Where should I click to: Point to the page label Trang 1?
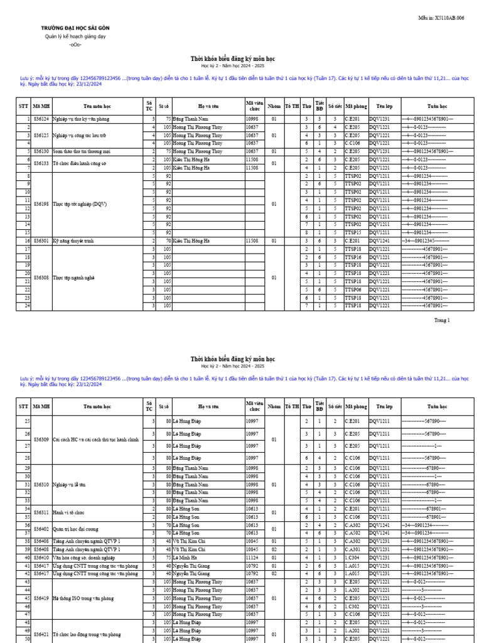click(x=442, y=320)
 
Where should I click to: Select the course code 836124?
click(x=41, y=119)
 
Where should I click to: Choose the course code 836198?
click(x=41, y=204)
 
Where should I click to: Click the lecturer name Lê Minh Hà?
click(x=186, y=557)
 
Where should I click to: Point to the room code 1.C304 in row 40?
click(x=353, y=557)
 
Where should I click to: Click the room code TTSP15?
click(x=353, y=232)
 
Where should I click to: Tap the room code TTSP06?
click(x=353, y=289)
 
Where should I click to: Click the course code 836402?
click(x=41, y=529)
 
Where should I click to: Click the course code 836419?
click(x=41, y=598)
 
